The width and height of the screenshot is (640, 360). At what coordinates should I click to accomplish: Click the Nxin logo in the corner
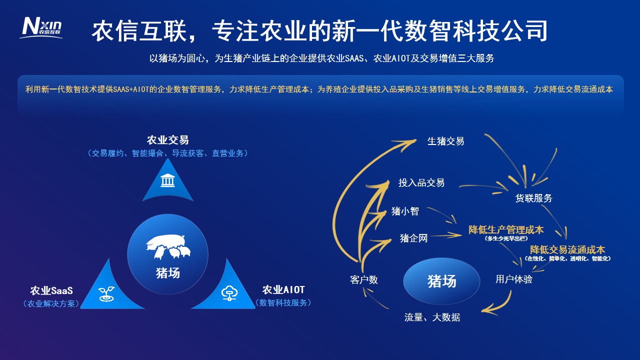click(41, 27)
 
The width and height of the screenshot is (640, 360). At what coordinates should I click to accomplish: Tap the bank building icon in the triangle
click(167, 180)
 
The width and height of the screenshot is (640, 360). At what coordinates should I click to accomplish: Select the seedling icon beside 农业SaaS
click(106, 293)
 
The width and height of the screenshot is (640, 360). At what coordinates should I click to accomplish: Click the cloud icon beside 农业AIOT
click(229, 293)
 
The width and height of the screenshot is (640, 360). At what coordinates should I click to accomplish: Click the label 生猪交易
click(445, 141)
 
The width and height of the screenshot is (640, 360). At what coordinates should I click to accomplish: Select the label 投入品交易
click(421, 182)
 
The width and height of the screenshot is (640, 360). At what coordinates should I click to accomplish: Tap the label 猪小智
click(405, 211)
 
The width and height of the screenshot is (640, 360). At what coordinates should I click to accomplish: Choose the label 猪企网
click(413, 238)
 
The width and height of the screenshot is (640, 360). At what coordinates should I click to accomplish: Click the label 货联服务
click(533, 198)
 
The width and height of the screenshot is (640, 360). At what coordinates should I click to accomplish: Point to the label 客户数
click(363, 279)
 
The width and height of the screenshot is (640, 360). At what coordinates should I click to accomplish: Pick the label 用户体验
click(514, 279)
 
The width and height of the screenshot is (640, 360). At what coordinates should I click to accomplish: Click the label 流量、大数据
click(432, 317)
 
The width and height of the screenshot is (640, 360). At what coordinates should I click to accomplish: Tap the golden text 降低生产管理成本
click(506, 229)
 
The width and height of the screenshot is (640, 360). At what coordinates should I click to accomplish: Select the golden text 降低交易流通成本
click(567, 249)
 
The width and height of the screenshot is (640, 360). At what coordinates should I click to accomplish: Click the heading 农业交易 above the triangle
click(167, 140)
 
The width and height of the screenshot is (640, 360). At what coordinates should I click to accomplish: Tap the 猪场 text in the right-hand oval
click(441, 281)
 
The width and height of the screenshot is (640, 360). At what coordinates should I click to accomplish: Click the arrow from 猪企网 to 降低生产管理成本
click(445, 235)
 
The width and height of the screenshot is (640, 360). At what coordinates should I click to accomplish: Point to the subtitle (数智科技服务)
click(283, 303)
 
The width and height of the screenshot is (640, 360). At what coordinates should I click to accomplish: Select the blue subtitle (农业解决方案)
click(51, 303)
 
